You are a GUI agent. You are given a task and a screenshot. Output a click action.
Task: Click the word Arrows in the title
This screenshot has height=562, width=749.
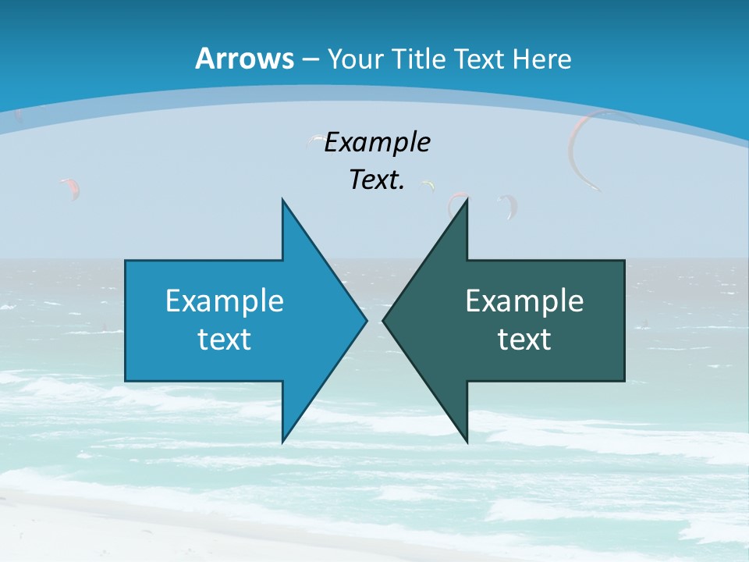(x=244, y=59)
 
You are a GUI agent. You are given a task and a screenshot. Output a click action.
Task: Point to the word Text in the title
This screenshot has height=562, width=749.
(x=480, y=59)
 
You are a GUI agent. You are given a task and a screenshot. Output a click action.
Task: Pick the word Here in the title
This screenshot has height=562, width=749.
(x=543, y=59)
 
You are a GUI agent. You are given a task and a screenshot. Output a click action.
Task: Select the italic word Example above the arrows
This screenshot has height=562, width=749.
(x=377, y=143)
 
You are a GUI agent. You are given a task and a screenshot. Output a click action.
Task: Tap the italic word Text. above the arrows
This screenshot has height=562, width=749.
(x=377, y=180)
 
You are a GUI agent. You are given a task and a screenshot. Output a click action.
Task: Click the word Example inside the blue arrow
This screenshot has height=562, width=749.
(x=225, y=301)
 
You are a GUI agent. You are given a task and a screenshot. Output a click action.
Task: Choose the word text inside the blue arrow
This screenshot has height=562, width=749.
(x=225, y=340)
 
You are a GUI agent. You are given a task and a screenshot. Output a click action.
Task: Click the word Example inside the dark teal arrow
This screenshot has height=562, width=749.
(x=524, y=301)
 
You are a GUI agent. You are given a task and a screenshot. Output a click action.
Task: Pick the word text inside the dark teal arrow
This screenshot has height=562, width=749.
(x=524, y=340)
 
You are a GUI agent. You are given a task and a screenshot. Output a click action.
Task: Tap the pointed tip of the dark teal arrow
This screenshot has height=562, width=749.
(x=383, y=320)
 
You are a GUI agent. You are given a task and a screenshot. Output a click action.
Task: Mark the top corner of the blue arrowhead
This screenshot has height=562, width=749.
(x=282, y=200)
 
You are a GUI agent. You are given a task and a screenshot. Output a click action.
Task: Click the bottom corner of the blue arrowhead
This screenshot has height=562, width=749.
(x=282, y=442)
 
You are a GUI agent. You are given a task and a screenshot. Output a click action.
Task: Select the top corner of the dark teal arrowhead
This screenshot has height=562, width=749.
(x=467, y=200)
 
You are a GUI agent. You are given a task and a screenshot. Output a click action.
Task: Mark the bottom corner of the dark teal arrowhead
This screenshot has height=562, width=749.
(x=467, y=442)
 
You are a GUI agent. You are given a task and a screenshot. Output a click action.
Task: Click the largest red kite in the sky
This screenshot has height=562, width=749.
(x=584, y=148)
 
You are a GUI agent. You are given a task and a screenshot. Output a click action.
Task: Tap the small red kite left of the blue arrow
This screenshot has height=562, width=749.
(x=70, y=187)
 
